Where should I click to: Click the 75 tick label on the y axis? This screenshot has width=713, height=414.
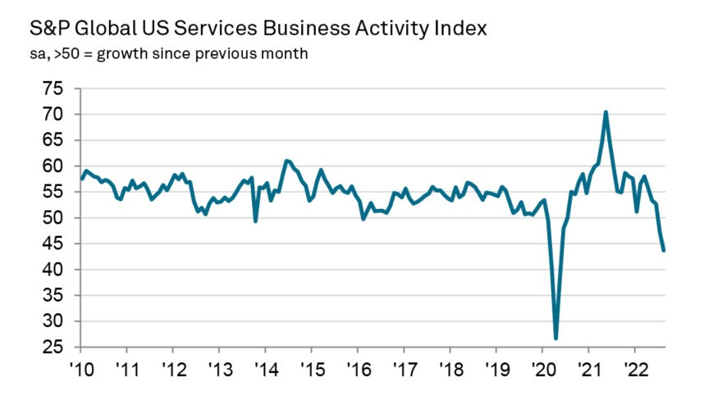click(57, 89)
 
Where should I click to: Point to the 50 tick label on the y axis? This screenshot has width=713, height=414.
click(57, 218)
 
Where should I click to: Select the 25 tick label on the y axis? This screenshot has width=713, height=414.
click(57, 348)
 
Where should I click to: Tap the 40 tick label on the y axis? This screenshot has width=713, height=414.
click(57, 270)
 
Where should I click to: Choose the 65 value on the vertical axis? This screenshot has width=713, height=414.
click(57, 140)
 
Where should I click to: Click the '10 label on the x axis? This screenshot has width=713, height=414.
click(80, 366)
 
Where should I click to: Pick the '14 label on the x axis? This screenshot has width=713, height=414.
click(264, 366)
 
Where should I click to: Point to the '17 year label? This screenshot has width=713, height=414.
click(403, 366)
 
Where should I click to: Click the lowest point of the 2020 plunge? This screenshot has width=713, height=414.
click(555, 338)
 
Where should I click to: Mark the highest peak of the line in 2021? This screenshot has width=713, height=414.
click(606, 112)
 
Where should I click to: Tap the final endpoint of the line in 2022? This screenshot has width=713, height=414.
click(664, 250)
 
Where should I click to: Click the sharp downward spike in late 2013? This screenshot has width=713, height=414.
click(255, 221)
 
